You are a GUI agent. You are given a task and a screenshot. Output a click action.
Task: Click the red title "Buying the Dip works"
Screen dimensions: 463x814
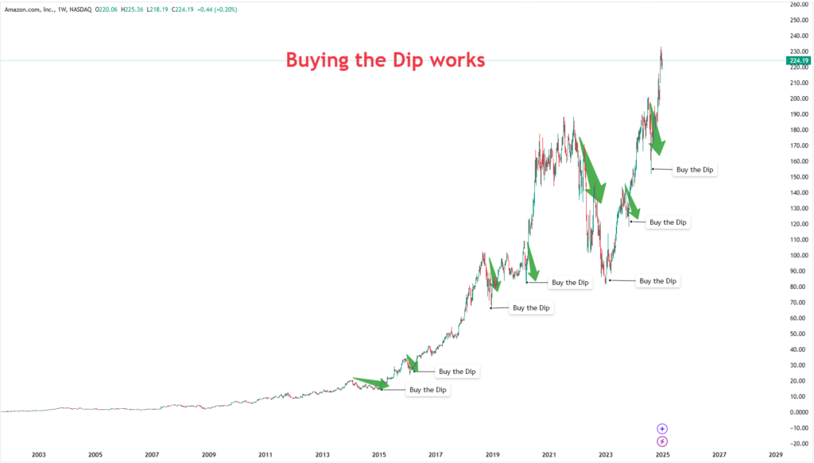(x=386, y=60)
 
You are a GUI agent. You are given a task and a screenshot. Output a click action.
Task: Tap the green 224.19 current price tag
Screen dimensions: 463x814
(x=798, y=60)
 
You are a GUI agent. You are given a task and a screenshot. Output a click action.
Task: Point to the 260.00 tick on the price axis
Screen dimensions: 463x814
(x=798, y=5)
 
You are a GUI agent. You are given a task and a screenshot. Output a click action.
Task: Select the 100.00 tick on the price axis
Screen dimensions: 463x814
(x=798, y=256)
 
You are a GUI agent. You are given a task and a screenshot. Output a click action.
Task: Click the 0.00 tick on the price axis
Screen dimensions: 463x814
(x=800, y=412)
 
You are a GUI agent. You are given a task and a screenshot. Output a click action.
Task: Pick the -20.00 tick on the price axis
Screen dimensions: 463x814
(x=798, y=443)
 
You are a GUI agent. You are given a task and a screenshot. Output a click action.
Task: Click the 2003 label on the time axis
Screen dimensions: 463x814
(x=38, y=455)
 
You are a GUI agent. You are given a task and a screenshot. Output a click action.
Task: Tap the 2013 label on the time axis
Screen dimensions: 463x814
(x=322, y=455)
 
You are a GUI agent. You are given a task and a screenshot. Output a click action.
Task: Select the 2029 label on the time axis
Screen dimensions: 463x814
(x=776, y=455)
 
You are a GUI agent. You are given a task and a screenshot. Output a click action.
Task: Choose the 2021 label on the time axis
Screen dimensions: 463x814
(x=549, y=455)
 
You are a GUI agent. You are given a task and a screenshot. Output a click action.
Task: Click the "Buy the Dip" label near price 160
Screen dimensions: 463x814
(x=695, y=169)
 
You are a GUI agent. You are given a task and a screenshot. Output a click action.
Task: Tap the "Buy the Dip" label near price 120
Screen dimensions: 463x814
(x=668, y=222)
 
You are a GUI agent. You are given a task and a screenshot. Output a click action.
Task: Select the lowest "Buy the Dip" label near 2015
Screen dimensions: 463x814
(x=427, y=390)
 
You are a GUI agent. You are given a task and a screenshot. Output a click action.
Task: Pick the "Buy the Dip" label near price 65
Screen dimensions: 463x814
(x=532, y=307)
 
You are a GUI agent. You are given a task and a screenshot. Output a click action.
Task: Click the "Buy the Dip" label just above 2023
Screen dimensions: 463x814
(x=658, y=281)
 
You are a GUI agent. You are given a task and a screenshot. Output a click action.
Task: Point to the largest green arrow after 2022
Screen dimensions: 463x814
(x=592, y=171)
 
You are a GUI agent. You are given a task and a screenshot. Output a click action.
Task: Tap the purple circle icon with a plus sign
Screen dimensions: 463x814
(x=662, y=429)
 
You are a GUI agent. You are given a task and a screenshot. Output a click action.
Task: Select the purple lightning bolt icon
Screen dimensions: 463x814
(x=662, y=442)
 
